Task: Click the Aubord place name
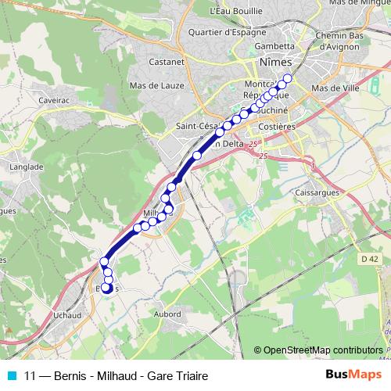click(167, 314)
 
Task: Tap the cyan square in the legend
click(11, 375)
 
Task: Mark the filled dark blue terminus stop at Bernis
click(106, 289)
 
